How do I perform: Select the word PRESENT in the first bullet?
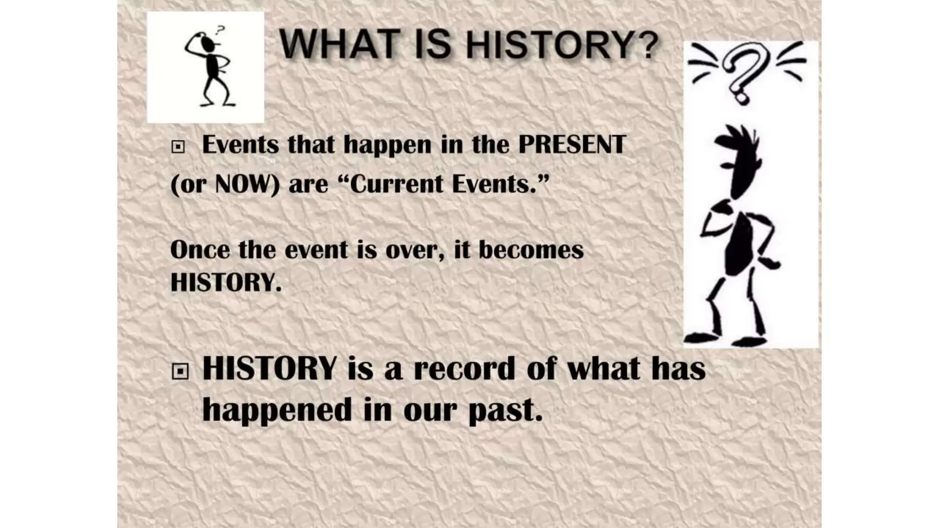(572, 145)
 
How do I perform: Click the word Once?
(200, 250)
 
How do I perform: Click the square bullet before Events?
(178, 147)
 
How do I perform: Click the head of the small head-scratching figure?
(208, 44)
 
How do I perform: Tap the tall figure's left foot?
(701, 338)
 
